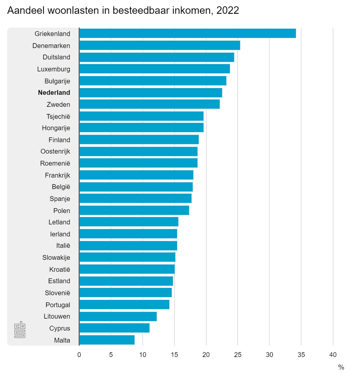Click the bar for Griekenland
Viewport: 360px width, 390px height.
coord(187,33)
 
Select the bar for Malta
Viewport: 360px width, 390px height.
coord(107,340)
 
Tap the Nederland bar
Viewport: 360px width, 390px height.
coord(151,93)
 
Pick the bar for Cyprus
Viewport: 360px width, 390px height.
coord(114,328)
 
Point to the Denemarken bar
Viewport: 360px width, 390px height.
coord(160,45)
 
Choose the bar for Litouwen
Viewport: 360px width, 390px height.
coord(118,316)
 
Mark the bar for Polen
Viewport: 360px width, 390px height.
coord(134,210)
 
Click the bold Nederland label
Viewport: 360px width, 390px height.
coord(54,93)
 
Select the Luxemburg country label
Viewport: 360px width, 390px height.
coord(54,69)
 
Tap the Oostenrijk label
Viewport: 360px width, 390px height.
coord(55,151)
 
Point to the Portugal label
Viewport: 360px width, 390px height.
coord(58,305)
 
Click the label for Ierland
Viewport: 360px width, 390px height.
coord(60,234)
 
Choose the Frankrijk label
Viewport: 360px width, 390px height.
coord(57,175)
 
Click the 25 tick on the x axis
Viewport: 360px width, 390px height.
coord(238,355)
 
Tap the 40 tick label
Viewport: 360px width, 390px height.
coord(333,355)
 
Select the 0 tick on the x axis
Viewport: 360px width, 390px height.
coord(79,355)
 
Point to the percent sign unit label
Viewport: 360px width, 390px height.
coord(341,367)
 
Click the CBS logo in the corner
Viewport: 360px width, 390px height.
coord(20,329)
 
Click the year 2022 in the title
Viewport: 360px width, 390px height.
coord(227,10)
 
